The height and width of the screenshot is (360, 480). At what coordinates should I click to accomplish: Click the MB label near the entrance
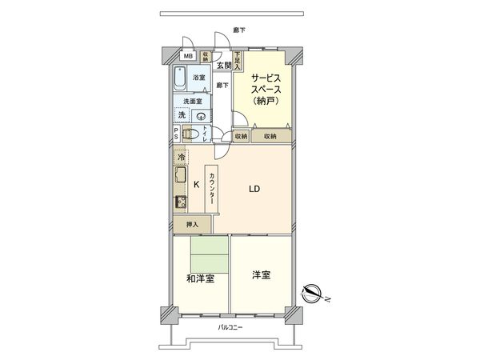188,57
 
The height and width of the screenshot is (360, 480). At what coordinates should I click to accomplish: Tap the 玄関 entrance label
222,66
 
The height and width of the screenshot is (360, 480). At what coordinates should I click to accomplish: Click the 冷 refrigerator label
182,157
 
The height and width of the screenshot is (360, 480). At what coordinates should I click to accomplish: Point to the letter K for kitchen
195,184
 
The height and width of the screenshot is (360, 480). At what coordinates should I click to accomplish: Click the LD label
254,190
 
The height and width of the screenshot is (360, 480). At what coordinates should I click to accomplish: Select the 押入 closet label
192,225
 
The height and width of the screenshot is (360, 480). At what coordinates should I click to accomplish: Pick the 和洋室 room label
200,278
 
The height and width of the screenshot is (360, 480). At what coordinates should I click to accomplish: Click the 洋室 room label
261,275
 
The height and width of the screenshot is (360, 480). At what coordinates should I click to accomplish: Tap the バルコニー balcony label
230,328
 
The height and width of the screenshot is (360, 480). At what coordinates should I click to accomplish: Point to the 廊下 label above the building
238,30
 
